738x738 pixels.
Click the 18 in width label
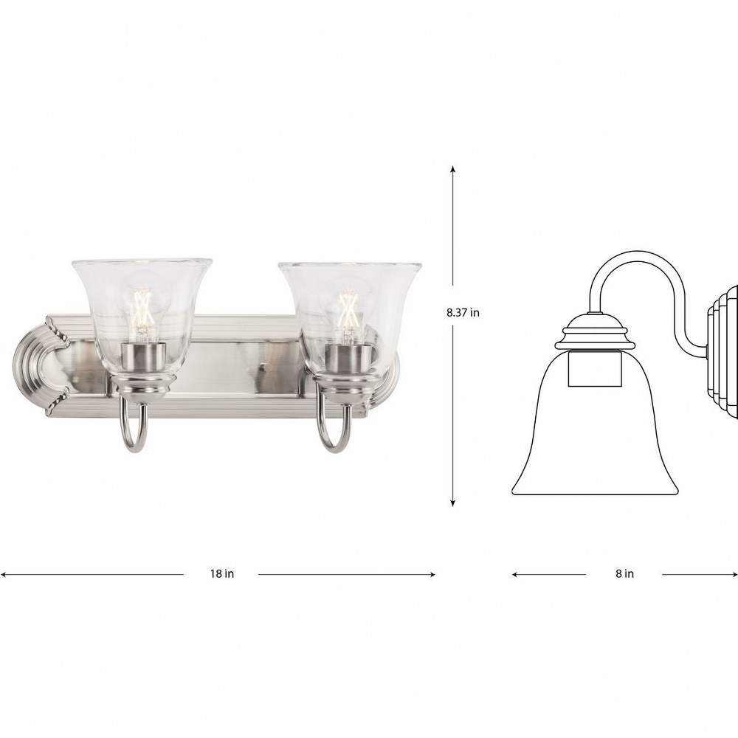coord(221,573)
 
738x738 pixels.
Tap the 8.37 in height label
coord(463,312)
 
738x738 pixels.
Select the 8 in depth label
coord(624,573)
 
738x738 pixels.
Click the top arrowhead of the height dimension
coord(453,169)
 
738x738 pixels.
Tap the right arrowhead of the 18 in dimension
coord(431,574)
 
